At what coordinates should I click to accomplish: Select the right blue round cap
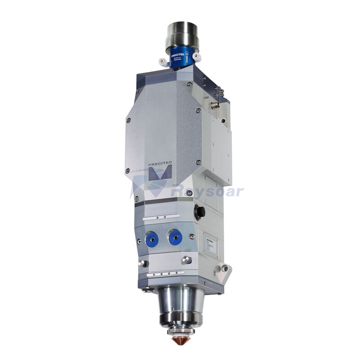pos(175,236)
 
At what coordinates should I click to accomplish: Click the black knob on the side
pos(199,211)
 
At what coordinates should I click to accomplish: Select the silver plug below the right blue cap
pos(186,260)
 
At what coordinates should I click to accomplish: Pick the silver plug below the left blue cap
pos(144,263)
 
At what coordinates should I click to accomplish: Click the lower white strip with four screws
pos(166,273)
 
